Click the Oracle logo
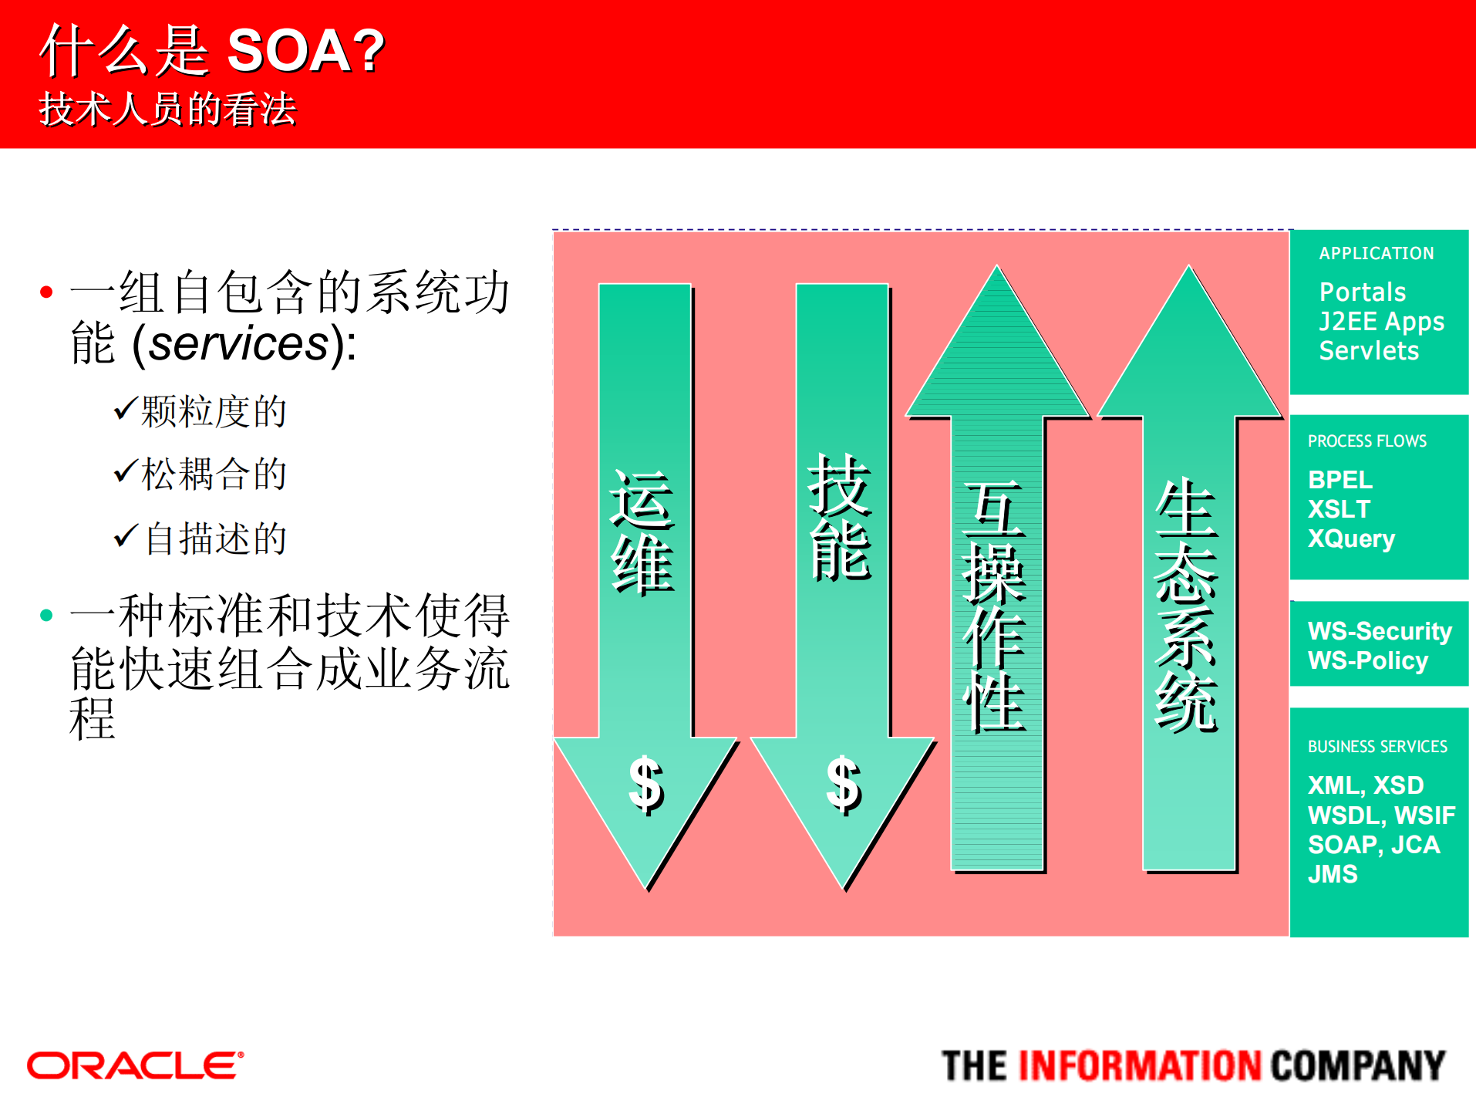click(x=135, y=1065)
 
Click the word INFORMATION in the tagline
click(x=1139, y=1066)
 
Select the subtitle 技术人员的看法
click(x=167, y=109)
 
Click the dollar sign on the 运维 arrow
click(x=645, y=785)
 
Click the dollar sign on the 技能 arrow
click(x=843, y=785)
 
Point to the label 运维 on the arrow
click(x=642, y=532)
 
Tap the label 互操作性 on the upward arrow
click(x=995, y=606)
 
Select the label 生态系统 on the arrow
click(x=1187, y=606)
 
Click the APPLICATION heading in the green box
click(x=1376, y=253)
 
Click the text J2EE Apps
click(x=1381, y=321)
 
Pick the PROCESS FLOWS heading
click(x=1366, y=441)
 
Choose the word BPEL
click(x=1340, y=480)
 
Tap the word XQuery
click(x=1351, y=538)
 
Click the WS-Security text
click(x=1380, y=631)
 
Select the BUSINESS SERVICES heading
click(x=1377, y=747)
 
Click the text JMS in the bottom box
click(x=1333, y=874)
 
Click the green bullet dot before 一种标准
click(x=46, y=615)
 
